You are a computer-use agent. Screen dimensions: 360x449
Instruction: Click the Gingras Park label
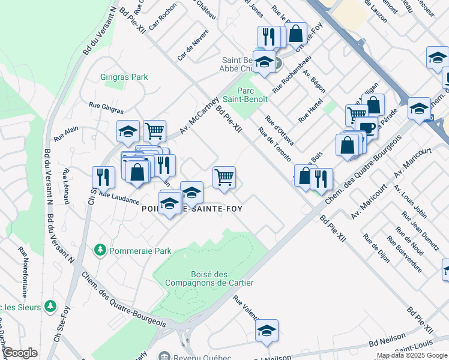click(124, 77)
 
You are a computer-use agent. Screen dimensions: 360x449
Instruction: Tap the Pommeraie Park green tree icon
click(99, 251)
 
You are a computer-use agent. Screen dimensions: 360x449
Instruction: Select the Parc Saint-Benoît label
click(245, 94)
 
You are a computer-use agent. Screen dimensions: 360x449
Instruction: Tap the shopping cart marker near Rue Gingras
click(155, 130)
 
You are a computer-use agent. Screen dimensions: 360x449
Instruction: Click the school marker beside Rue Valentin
click(267, 330)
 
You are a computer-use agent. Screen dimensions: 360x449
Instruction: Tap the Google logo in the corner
click(19, 353)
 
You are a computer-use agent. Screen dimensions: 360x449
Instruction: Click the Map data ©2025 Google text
click(412, 355)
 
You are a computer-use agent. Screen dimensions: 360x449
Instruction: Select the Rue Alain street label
click(67, 133)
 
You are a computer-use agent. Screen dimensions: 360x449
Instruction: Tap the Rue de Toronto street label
click(274, 145)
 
